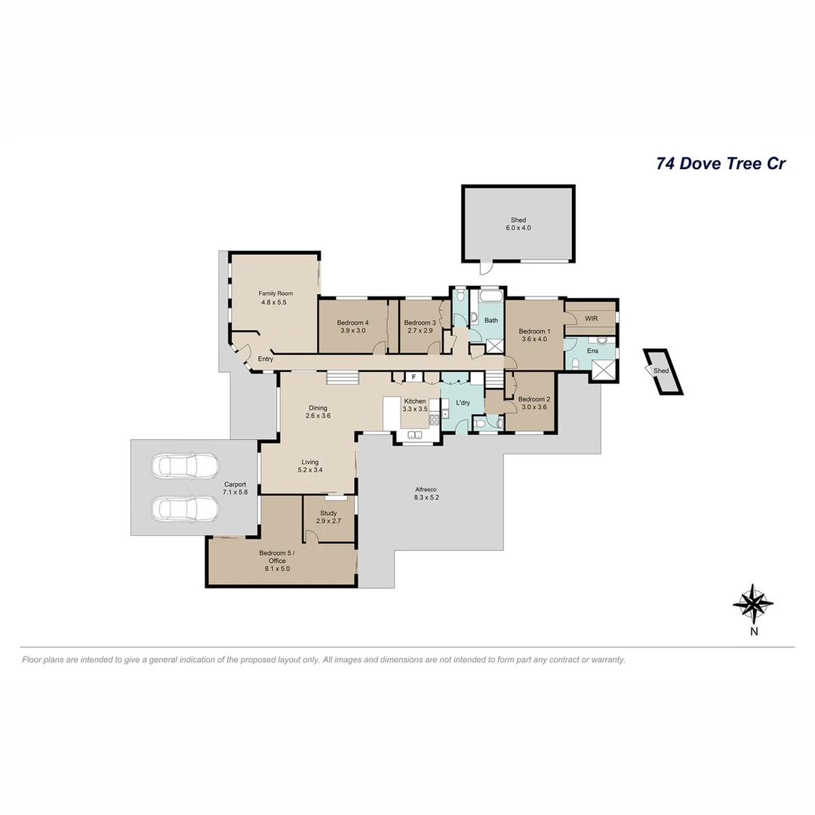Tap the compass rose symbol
click(753, 603)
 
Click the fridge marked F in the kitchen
click(413, 377)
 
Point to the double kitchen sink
click(414, 435)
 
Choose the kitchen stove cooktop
click(434, 415)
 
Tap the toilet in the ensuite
click(575, 364)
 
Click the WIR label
click(591, 318)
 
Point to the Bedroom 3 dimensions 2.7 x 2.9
click(420, 331)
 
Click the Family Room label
click(275, 294)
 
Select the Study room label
click(328, 513)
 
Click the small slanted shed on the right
click(663, 371)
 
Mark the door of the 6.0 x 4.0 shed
click(485, 268)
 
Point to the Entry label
click(266, 359)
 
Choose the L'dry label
click(463, 402)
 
